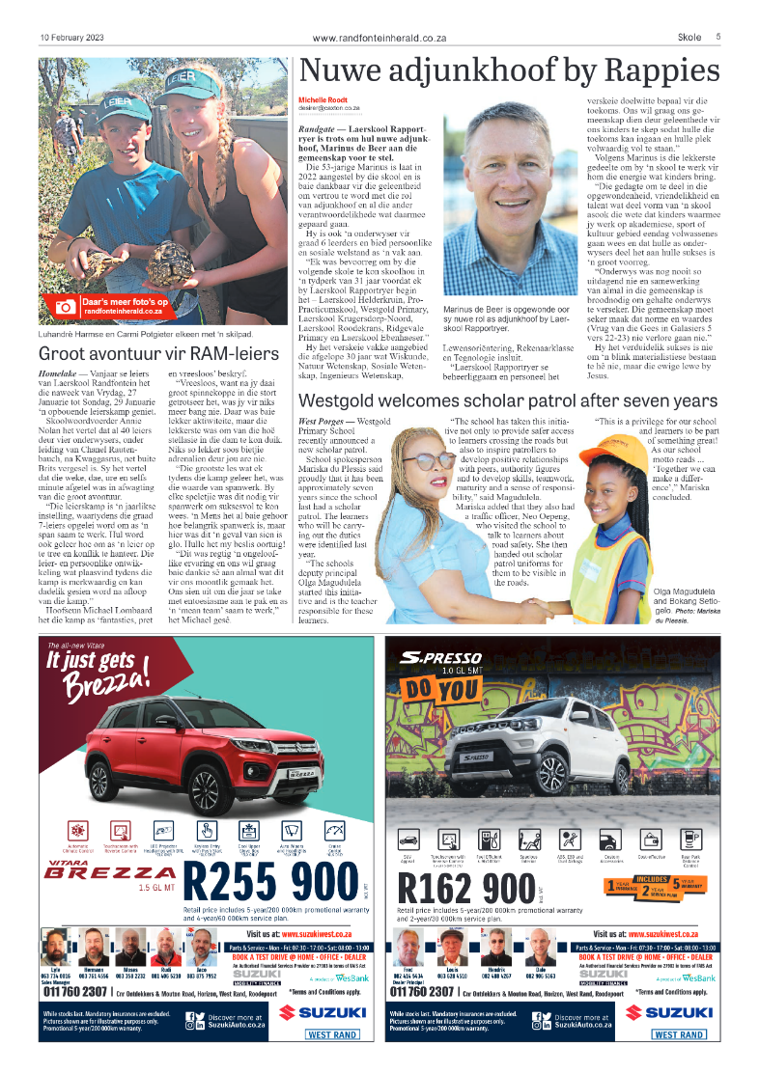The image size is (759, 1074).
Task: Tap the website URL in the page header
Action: (x=379, y=38)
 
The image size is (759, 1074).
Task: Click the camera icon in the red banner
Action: (x=65, y=306)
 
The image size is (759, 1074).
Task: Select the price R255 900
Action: (x=270, y=884)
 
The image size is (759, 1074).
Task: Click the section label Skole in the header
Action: (x=689, y=37)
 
